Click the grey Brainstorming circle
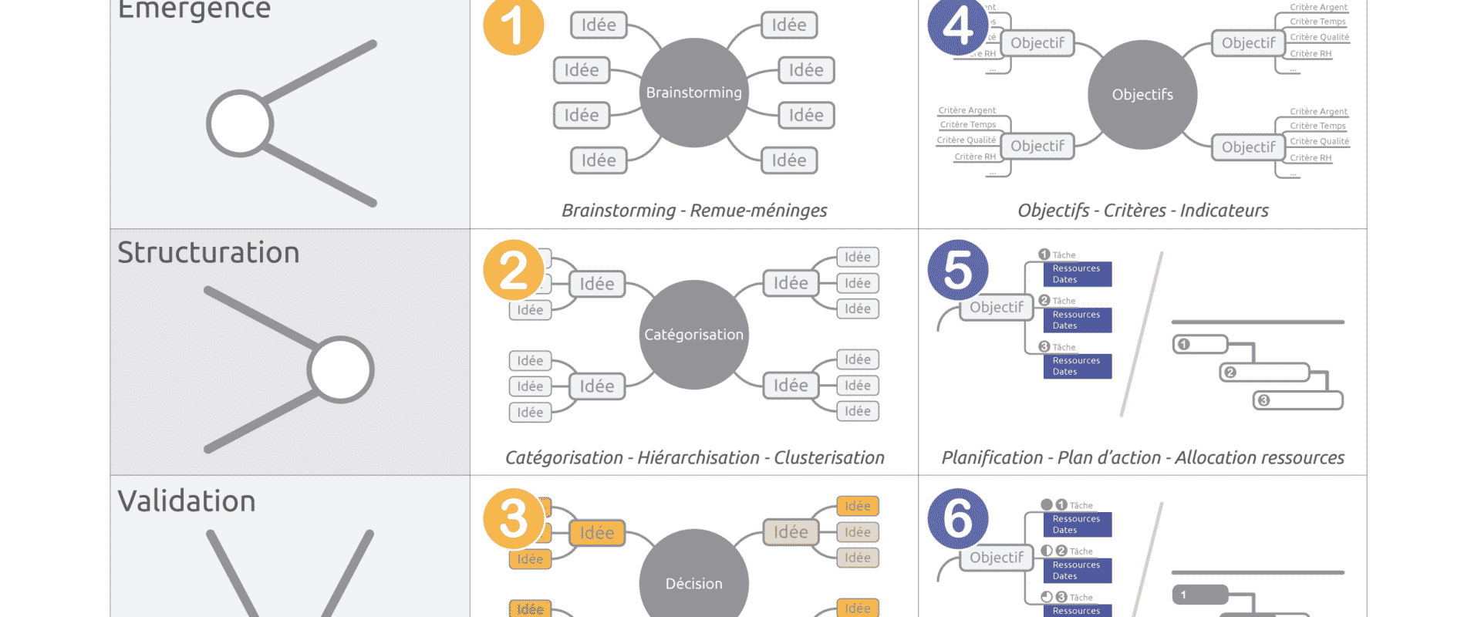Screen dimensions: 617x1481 tap(694, 93)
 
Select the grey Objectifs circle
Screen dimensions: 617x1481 tap(1142, 95)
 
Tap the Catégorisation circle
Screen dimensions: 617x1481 tap(694, 335)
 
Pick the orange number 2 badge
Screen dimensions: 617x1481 tap(514, 271)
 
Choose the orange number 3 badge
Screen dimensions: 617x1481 tap(514, 518)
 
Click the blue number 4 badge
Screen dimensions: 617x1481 tap(958, 27)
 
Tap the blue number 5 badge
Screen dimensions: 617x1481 tap(958, 271)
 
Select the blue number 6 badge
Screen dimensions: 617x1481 tap(958, 518)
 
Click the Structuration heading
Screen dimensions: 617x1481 tap(208, 253)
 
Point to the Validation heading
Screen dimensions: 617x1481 tap(187, 501)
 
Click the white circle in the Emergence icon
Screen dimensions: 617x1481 tap(240, 123)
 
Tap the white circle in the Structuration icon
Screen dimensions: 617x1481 tap(340, 370)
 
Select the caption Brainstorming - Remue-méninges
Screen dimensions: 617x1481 tap(694, 211)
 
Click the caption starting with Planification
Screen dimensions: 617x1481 tap(1142, 458)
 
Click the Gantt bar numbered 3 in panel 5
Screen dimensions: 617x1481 tap(1297, 400)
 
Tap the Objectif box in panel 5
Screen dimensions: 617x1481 tap(997, 308)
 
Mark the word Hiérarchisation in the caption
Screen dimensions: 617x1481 tap(698, 458)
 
